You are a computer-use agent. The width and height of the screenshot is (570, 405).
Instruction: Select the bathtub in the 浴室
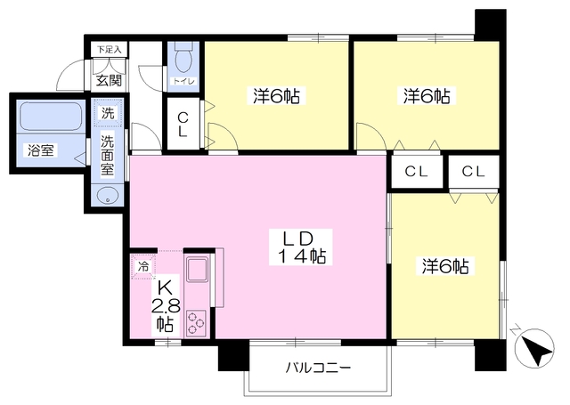point(51,116)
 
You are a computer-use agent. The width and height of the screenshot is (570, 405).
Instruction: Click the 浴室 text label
point(41,150)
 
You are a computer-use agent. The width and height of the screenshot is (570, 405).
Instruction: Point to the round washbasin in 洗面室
point(107,196)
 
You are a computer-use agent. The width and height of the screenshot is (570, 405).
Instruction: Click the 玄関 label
point(109,80)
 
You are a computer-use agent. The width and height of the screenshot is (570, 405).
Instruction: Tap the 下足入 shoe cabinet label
point(109,49)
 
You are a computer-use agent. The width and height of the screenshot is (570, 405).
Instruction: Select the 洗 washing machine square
point(107,113)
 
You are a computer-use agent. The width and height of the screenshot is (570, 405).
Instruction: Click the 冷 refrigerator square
point(143,266)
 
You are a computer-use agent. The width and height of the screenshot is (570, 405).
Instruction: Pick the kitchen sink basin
point(197,269)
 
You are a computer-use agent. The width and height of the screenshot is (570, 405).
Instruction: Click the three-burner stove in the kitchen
point(196,322)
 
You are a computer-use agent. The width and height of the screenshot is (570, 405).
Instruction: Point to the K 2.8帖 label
point(166,306)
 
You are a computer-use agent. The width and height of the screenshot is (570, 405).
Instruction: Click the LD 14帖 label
point(301,247)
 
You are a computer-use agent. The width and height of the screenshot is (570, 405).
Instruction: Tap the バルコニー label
point(318,369)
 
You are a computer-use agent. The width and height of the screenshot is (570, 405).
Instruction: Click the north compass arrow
point(535,347)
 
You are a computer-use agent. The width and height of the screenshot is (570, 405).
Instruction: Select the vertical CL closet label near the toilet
point(183,125)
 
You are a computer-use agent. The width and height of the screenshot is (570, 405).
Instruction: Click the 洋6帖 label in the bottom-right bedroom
point(445,267)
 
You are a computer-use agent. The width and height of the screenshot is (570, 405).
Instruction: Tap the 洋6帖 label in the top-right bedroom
point(427,96)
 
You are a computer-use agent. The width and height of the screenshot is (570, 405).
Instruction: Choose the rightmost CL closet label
point(473,172)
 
